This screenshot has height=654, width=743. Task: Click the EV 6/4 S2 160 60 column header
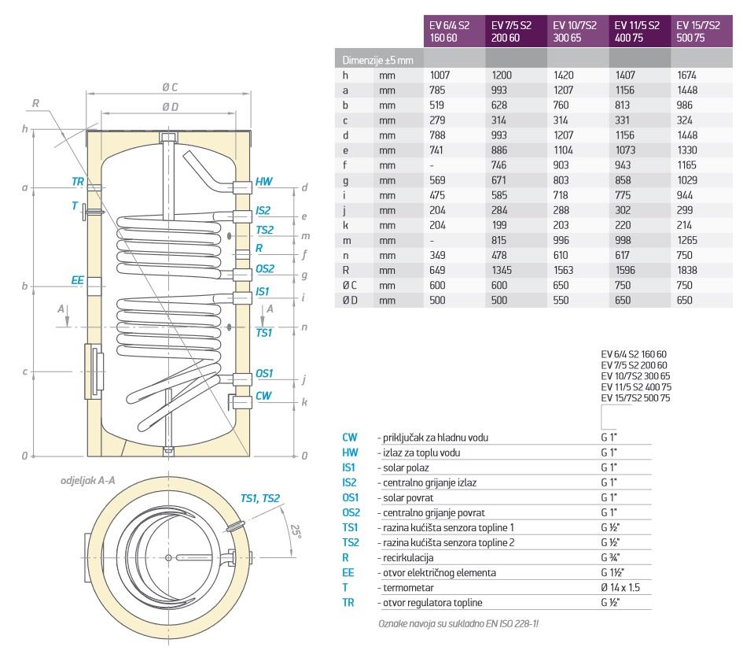point(454,31)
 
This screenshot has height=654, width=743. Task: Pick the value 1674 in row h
point(687,75)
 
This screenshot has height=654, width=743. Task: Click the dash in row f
point(432,165)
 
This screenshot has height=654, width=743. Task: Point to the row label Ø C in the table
point(351,285)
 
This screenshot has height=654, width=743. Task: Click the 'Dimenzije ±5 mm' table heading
point(379,60)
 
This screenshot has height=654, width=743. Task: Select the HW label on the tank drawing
point(264,182)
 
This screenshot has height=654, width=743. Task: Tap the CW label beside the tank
point(263,396)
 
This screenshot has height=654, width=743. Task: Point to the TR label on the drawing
point(78,181)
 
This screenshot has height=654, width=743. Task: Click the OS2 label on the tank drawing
point(265,268)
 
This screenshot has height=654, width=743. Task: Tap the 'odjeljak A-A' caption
point(87,480)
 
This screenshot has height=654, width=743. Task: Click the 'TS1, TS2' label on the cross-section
point(260,498)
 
